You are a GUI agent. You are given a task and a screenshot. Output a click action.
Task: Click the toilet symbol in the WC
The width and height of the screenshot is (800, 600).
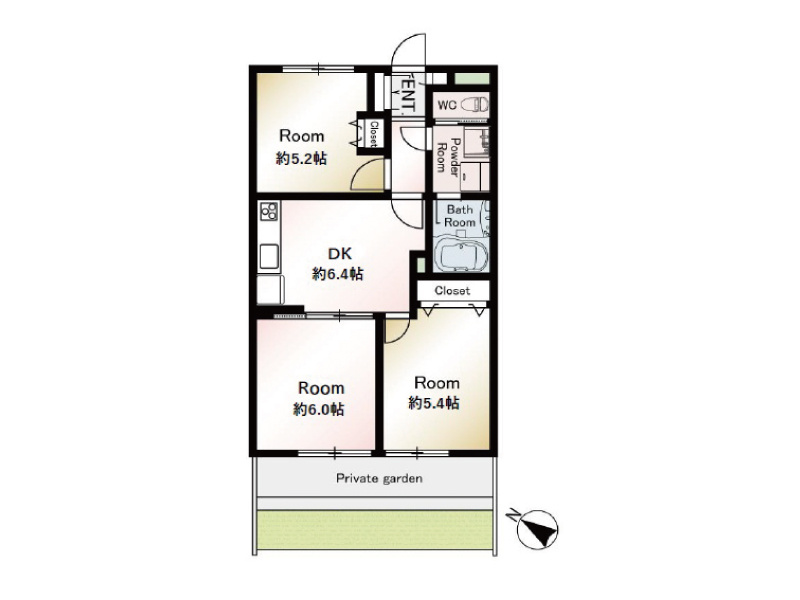[x=474, y=105]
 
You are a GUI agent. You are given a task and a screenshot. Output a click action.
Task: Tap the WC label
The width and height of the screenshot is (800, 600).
[x=447, y=106]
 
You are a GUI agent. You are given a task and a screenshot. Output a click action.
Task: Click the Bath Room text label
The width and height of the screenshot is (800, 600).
[x=460, y=216]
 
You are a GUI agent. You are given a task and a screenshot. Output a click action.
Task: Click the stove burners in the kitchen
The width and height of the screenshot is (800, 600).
[x=269, y=211]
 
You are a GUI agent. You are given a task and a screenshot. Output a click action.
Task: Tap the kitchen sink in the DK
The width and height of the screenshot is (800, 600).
[x=269, y=257]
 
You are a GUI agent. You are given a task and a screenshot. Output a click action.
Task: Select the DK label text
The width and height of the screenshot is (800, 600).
[x=339, y=254]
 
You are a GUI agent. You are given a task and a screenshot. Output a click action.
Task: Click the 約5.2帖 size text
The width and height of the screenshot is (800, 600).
[x=302, y=159]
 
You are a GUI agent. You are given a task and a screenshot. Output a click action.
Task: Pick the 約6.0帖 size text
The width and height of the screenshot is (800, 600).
[x=318, y=409]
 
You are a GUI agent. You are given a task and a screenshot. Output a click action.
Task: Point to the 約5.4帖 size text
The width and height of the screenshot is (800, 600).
[x=434, y=404]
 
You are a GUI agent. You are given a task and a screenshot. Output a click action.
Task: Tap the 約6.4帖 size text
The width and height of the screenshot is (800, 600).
[x=338, y=274]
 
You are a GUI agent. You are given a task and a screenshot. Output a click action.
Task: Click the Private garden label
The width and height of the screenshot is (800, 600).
[x=379, y=479]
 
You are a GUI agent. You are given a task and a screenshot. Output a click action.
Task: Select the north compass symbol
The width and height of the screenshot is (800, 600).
[x=537, y=529]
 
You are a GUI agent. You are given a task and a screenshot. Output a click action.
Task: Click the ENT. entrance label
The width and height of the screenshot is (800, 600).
[x=408, y=94]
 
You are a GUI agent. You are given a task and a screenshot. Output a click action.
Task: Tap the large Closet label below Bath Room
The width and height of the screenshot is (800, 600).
[x=452, y=291]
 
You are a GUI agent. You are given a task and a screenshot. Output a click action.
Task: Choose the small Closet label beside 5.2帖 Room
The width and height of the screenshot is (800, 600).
[x=373, y=134]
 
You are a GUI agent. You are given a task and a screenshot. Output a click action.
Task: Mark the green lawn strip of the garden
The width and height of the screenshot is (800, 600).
[x=375, y=530]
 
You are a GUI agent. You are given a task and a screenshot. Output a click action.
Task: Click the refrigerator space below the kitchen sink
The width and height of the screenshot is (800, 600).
[x=270, y=289]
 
